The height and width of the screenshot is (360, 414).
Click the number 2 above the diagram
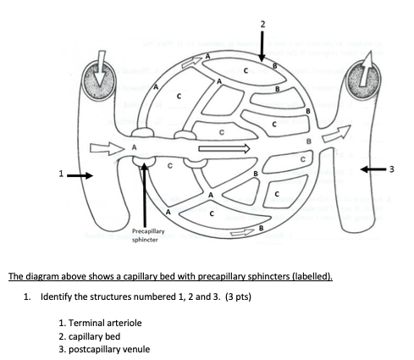coord(262,25)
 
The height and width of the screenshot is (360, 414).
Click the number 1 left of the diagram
coord(61,174)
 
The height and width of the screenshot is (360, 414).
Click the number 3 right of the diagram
coord(391,169)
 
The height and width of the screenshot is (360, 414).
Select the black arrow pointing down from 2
coord(262,46)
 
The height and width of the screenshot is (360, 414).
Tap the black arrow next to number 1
coord(80,176)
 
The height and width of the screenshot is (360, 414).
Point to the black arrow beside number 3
coord(373,169)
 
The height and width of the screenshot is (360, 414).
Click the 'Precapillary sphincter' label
coord(148,235)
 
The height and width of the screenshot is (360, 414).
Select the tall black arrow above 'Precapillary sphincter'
coord(145,195)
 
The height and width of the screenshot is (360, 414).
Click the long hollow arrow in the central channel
coord(224,148)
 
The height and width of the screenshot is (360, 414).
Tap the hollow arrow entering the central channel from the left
coord(108,148)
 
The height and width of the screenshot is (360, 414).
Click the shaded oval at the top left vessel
coord(99,79)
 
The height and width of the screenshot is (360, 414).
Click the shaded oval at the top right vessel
coord(364,80)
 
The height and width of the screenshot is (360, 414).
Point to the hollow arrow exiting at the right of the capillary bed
coord(337,133)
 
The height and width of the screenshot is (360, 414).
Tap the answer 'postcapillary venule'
coord(109,350)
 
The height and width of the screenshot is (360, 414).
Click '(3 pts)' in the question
coord(238,297)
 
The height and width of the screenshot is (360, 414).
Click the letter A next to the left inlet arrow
coord(135,147)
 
